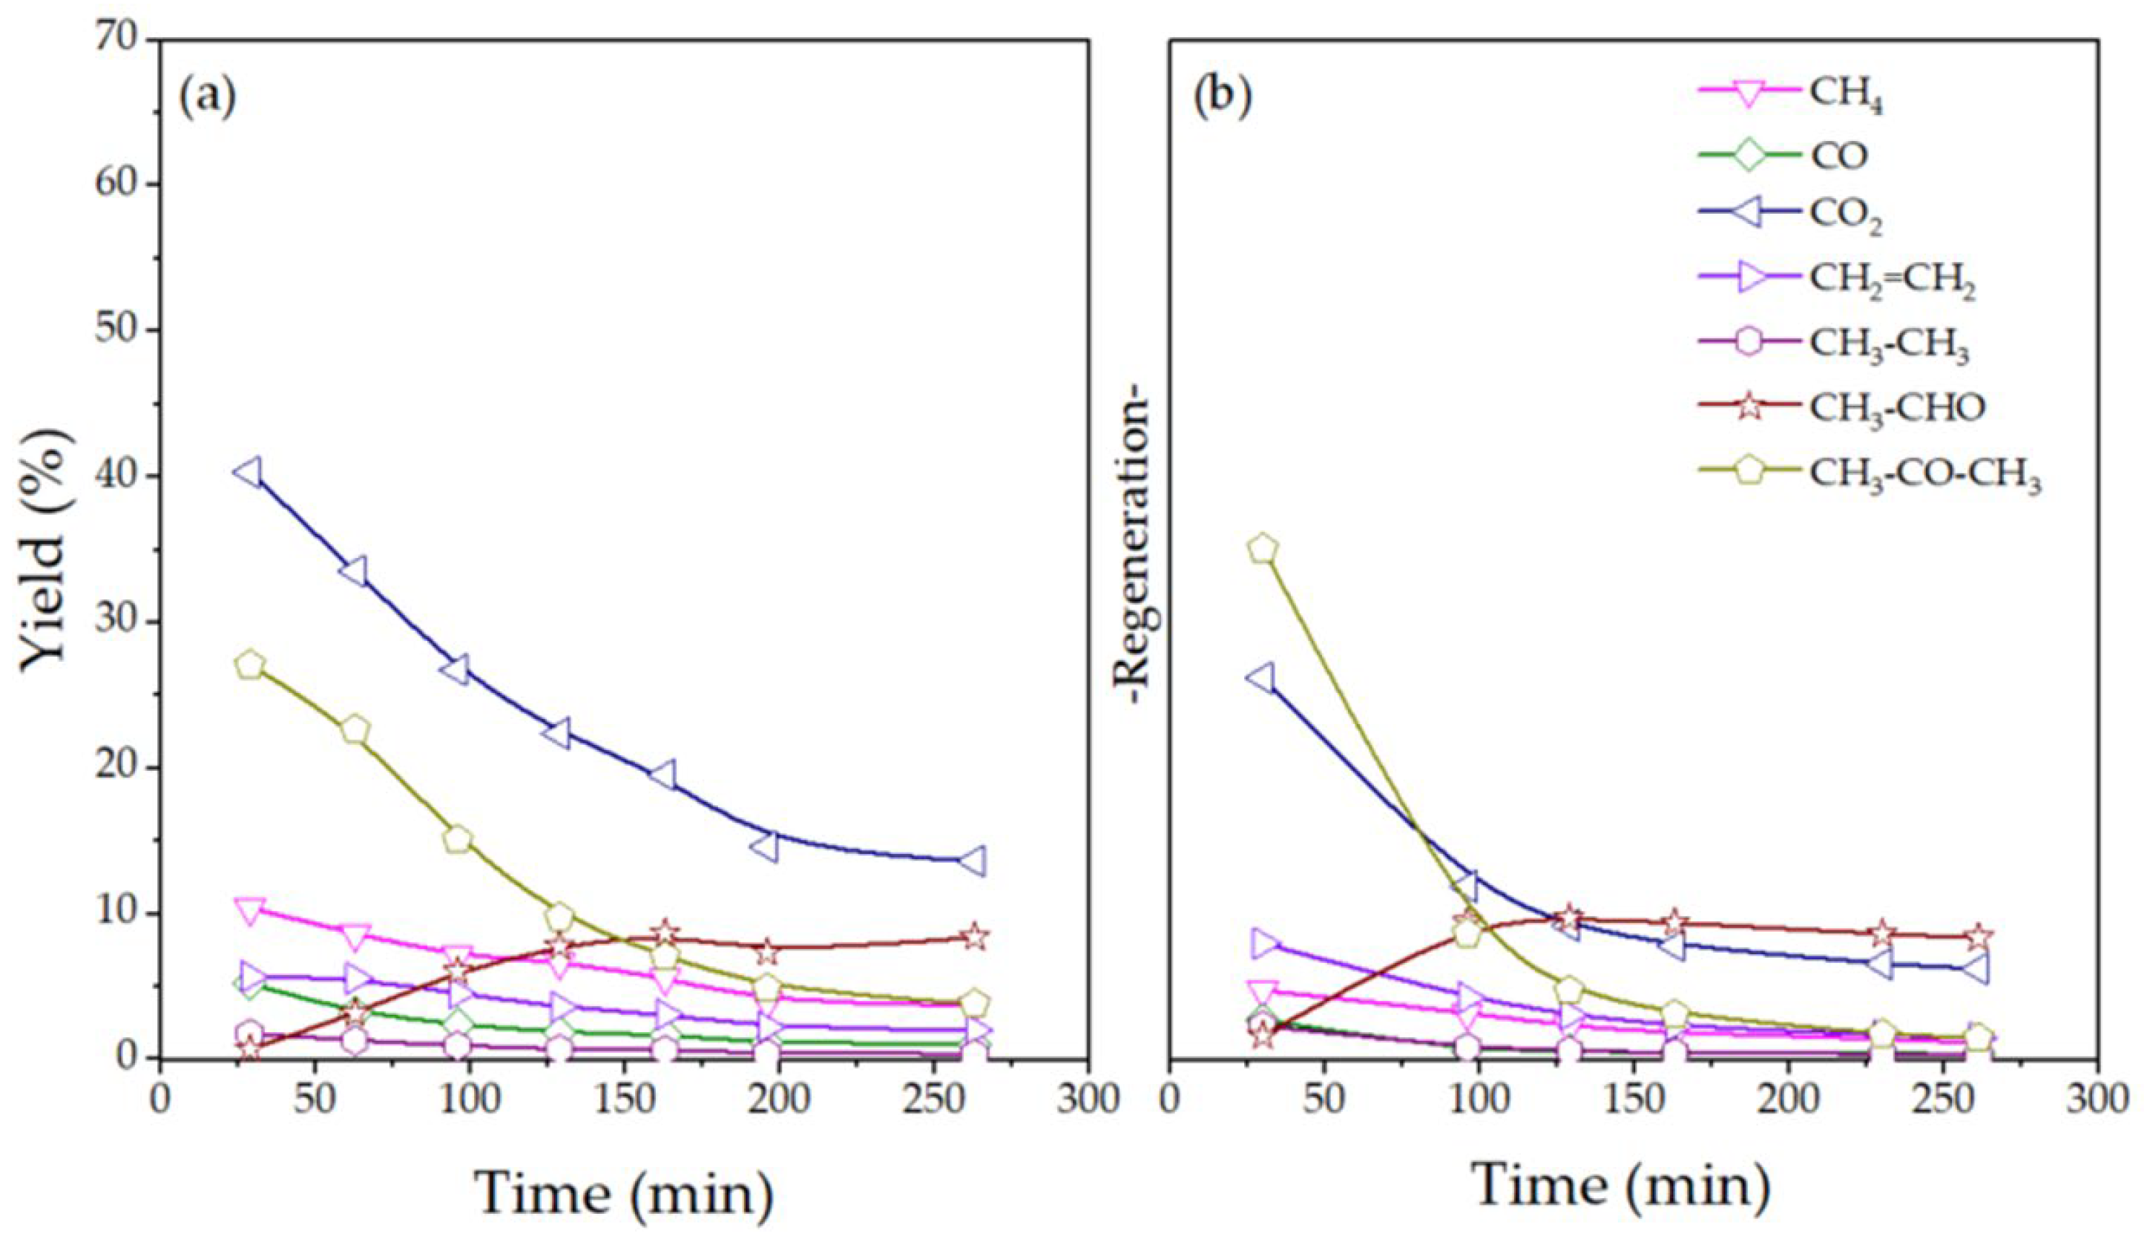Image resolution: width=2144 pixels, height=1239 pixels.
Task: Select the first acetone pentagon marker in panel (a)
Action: coord(250,665)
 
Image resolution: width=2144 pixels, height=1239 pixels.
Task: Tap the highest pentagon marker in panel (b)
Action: coord(1264,549)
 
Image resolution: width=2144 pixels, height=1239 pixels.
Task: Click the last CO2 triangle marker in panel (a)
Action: coord(973,861)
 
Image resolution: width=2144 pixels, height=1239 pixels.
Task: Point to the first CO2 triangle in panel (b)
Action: coord(1261,678)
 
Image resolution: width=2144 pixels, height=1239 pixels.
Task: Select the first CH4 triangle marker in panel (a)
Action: coord(250,910)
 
